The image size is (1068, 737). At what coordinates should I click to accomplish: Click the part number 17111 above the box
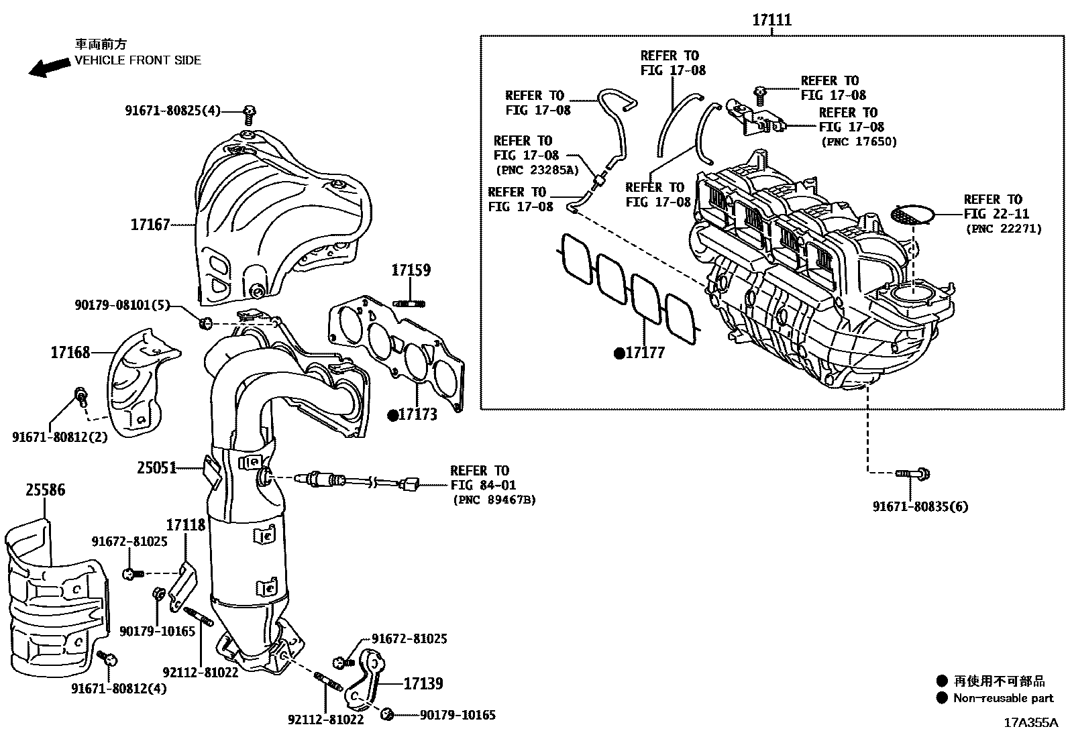pos(771,20)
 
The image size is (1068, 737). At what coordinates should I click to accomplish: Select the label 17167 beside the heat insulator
pos(150,225)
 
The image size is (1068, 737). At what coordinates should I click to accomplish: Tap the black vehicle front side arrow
pos(49,67)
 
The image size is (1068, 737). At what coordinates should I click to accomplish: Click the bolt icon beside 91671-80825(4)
pos(250,114)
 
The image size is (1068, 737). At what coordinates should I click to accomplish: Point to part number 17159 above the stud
pos(411,270)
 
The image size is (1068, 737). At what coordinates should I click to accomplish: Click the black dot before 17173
pos(392,415)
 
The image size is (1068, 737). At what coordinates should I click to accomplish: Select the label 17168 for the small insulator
pos(70,352)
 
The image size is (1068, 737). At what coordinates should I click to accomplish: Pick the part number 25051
pos(157,467)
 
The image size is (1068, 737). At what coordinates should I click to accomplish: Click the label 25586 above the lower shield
pos(46,490)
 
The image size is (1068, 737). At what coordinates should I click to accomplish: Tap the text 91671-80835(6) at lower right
pos(920,507)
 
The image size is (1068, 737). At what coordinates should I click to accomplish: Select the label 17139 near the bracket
pos(423,683)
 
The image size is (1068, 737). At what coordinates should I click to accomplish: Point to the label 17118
pos(186,524)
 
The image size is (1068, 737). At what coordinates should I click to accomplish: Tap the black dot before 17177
pos(619,353)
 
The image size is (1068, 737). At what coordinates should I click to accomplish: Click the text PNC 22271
pos(1004,229)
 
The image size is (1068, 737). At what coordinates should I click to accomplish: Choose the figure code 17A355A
pos(1030,723)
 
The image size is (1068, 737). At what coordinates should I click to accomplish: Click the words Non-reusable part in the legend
pos(1003,698)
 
